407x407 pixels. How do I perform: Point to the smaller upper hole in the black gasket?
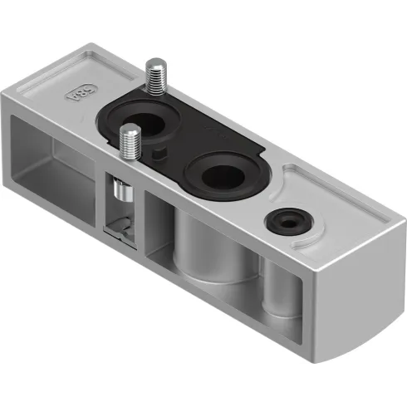[152, 125]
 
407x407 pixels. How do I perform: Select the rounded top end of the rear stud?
[155, 63]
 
